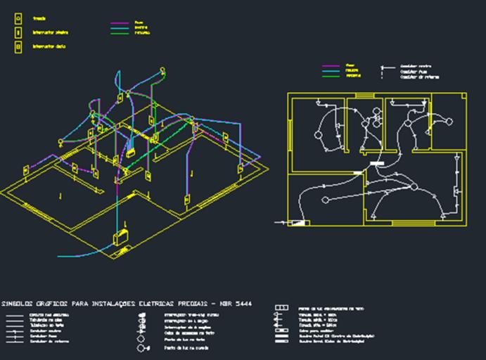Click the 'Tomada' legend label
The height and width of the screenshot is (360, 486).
(x=39, y=18)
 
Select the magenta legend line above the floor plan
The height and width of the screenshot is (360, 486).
(x=331, y=65)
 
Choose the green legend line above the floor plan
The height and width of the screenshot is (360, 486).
(x=331, y=76)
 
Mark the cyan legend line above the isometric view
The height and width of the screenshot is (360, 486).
(x=122, y=27)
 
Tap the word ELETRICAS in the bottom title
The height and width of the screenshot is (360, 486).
(x=155, y=304)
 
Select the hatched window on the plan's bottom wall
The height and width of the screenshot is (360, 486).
(x=404, y=224)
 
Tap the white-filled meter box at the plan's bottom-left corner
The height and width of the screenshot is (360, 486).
(x=298, y=223)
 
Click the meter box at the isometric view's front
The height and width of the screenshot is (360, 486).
(x=122, y=236)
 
